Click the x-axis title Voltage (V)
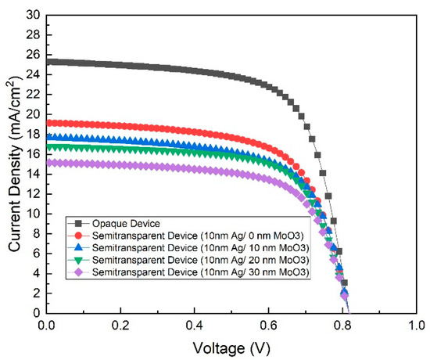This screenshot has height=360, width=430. click(235, 345)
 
